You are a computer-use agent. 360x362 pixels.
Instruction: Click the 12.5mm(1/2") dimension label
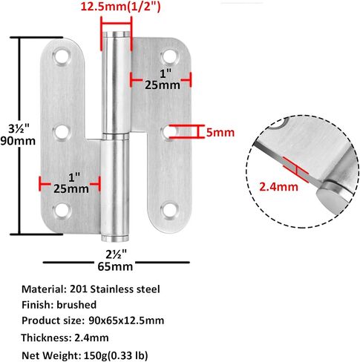[121, 7]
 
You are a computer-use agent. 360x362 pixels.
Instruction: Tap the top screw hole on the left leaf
[62, 56]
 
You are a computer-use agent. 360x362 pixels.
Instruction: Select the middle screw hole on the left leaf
[62, 132]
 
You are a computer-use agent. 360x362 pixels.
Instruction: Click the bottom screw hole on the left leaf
[62, 211]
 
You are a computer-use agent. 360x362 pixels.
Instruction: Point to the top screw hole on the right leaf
[170, 56]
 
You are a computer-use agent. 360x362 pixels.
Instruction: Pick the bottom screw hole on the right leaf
[169, 210]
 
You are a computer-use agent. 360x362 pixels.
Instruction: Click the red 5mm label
[220, 133]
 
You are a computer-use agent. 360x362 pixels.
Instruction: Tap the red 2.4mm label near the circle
[278, 187]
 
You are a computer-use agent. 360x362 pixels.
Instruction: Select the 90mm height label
[18, 141]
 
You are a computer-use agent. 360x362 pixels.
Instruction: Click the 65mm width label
[115, 267]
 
